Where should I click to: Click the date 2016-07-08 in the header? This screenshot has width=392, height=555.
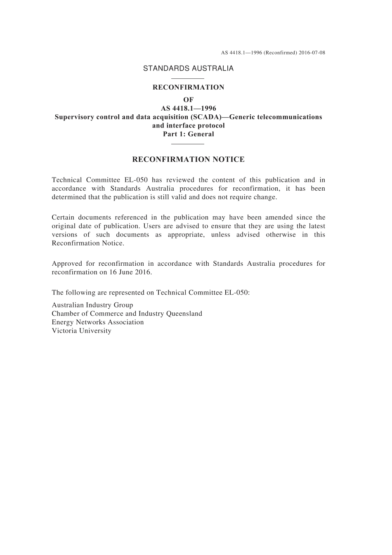point(312,53)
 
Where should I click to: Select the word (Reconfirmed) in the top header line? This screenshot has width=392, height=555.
point(280,53)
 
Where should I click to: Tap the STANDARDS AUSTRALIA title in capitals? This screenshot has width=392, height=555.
point(188,68)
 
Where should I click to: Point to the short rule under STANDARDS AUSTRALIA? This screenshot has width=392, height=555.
point(188,78)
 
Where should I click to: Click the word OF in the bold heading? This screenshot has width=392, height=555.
point(188,100)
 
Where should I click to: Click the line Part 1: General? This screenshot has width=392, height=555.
point(188,134)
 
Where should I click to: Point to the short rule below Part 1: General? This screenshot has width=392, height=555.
point(188,144)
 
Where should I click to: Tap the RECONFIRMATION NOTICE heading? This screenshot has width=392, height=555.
point(188,160)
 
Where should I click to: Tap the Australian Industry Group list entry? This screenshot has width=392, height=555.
point(92,305)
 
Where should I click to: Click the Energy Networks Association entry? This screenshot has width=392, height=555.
point(98,322)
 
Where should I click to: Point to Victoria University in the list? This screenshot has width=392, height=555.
point(81,331)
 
